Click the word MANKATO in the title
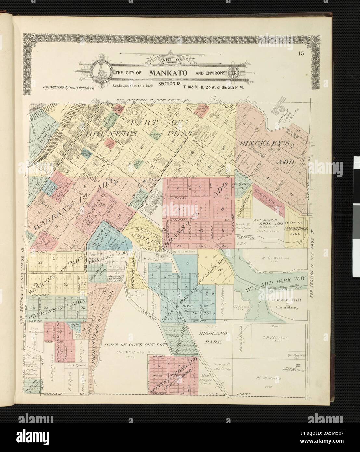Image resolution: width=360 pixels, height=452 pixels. pyautogui.click(x=168, y=73)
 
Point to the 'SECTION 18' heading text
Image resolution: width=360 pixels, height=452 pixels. pyautogui.click(x=168, y=84)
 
